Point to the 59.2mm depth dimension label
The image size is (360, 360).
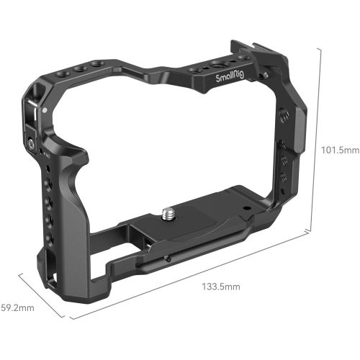coord(17,307)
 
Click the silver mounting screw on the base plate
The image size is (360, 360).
coord(170,214)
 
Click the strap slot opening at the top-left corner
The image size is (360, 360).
coord(33,108)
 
